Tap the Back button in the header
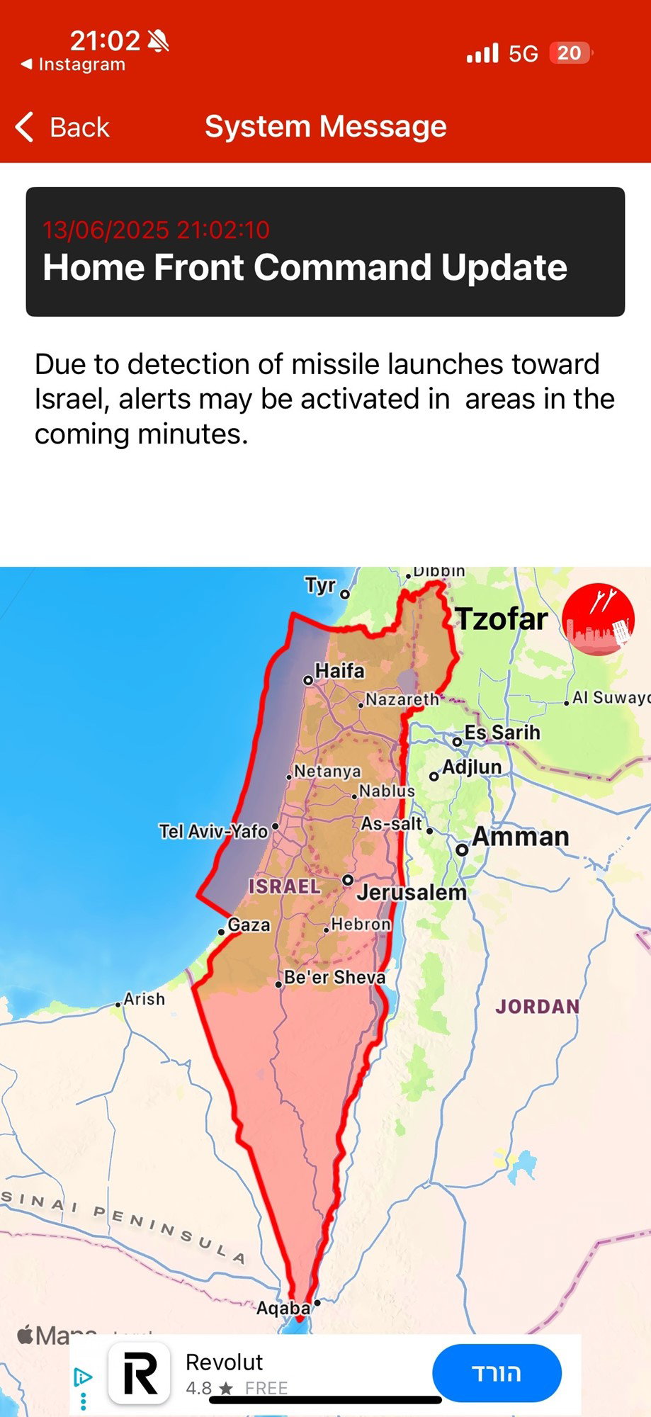[62, 128]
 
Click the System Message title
[325, 127]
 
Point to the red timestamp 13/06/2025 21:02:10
[156, 230]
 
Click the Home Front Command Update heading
[305, 268]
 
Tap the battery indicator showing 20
[570, 53]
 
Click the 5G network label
[523, 54]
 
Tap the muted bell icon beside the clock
[159, 41]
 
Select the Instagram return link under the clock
[74, 64]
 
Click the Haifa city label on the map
[339, 670]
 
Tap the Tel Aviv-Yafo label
[213, 831]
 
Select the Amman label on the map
[520, 837]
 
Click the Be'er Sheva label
[334, 977]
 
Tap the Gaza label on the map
[249, 925]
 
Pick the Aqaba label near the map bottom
[283, 1308]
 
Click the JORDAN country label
[537, 1006]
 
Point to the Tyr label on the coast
[320, 585]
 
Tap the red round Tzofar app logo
[598, 619]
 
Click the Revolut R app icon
[139, 1373]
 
